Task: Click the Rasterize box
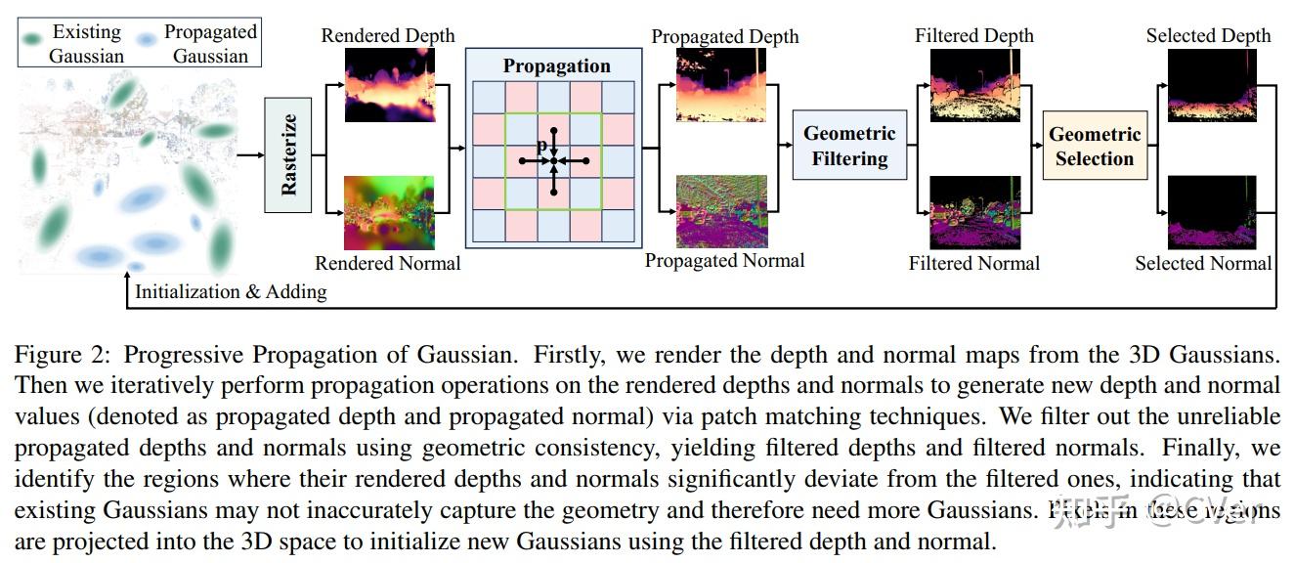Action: click(288, 155)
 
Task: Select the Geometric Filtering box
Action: click(849, 146)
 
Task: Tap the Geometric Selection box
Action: click(1095, 147)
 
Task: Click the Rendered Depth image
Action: click(389, 85)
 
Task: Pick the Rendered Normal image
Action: click(389, 212)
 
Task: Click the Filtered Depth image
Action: click(974, 85)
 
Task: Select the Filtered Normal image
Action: click(974, 212)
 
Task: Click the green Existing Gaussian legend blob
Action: click(34, 39)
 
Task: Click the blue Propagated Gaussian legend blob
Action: click(146, 40)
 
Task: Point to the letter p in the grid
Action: click(540, 147)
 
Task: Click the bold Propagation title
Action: click(556, 66)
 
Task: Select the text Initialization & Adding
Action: click(231, 291)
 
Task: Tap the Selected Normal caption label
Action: click(1203, 263)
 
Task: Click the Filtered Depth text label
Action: click(973, 36)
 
